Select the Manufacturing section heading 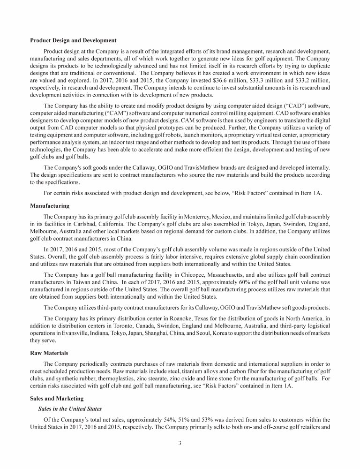point(50,206)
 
